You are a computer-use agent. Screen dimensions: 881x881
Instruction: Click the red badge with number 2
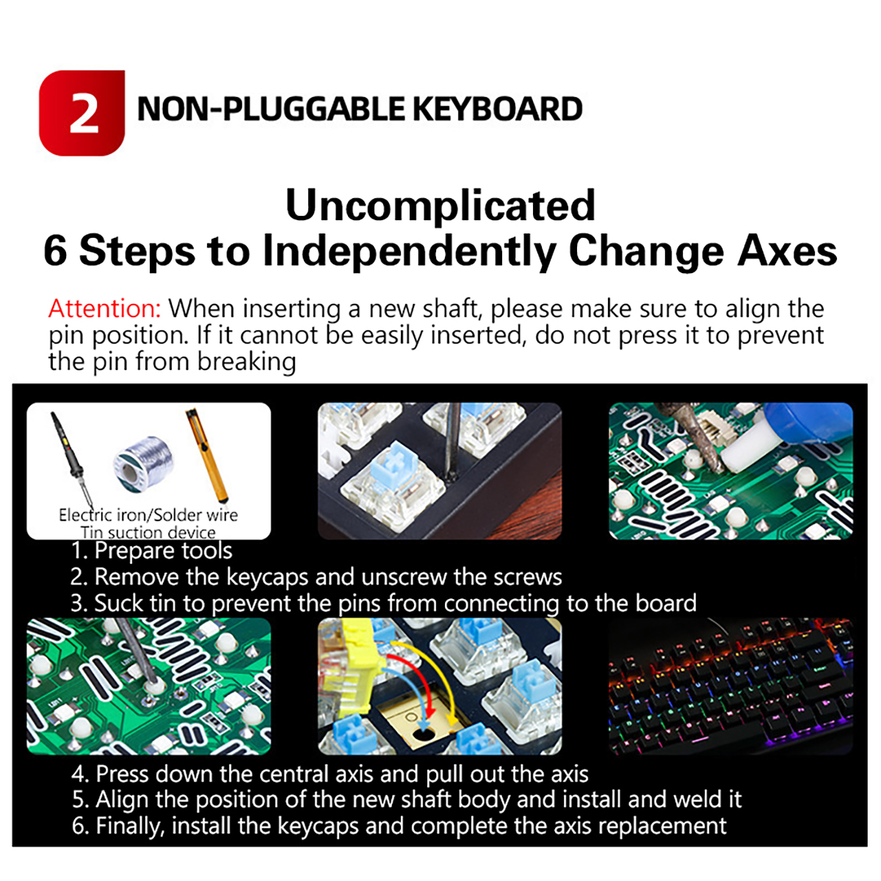(82, 113)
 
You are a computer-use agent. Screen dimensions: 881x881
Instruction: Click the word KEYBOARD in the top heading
(497, 109)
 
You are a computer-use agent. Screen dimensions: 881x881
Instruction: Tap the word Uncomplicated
(440, 205)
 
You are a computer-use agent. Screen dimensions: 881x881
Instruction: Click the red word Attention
(105, 308)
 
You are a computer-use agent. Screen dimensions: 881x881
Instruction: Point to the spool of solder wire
(144, 465)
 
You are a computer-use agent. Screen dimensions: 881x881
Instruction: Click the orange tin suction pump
(208, 455)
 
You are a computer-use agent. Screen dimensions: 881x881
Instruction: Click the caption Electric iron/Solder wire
(148, 515)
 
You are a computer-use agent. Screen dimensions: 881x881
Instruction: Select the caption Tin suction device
(148, 532)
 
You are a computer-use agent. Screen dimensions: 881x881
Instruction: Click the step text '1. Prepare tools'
(151, 551)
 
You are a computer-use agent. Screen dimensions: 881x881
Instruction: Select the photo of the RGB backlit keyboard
(731, 686)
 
